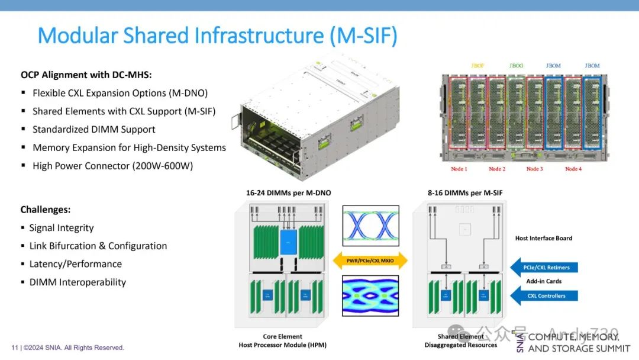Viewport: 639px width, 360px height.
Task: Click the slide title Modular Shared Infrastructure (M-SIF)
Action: [217, 36]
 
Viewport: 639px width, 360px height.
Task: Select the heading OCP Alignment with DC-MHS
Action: [86, 75]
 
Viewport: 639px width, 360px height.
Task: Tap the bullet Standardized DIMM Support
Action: [93, 130]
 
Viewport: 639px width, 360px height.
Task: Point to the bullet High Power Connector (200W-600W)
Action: [112, 166]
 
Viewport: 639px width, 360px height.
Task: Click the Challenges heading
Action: [45, 210]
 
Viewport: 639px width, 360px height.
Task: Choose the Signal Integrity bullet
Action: [61, 228]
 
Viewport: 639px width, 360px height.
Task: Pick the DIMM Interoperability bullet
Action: [78, 282]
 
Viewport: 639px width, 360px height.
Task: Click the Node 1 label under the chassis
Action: [459, 169]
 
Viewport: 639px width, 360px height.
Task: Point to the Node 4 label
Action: [572, 169]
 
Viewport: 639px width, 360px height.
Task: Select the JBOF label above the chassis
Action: [477, 66]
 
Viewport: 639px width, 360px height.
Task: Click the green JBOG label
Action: [516, 66]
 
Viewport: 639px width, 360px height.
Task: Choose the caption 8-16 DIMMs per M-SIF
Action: [460, 193]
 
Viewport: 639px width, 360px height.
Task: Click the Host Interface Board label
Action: [543, 239]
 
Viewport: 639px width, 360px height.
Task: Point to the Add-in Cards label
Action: [544, 281]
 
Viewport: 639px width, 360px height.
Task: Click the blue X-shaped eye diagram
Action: [370, 226]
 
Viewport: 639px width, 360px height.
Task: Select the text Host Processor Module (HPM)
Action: [282, 345]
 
